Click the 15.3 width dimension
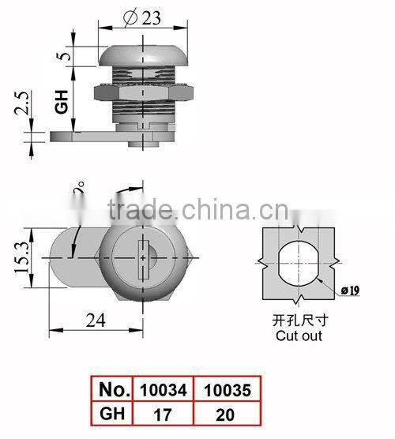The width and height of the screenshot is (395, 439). (20, 255)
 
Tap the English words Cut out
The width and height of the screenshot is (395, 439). (299, 335)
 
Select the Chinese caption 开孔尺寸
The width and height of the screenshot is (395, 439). (299, 321)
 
